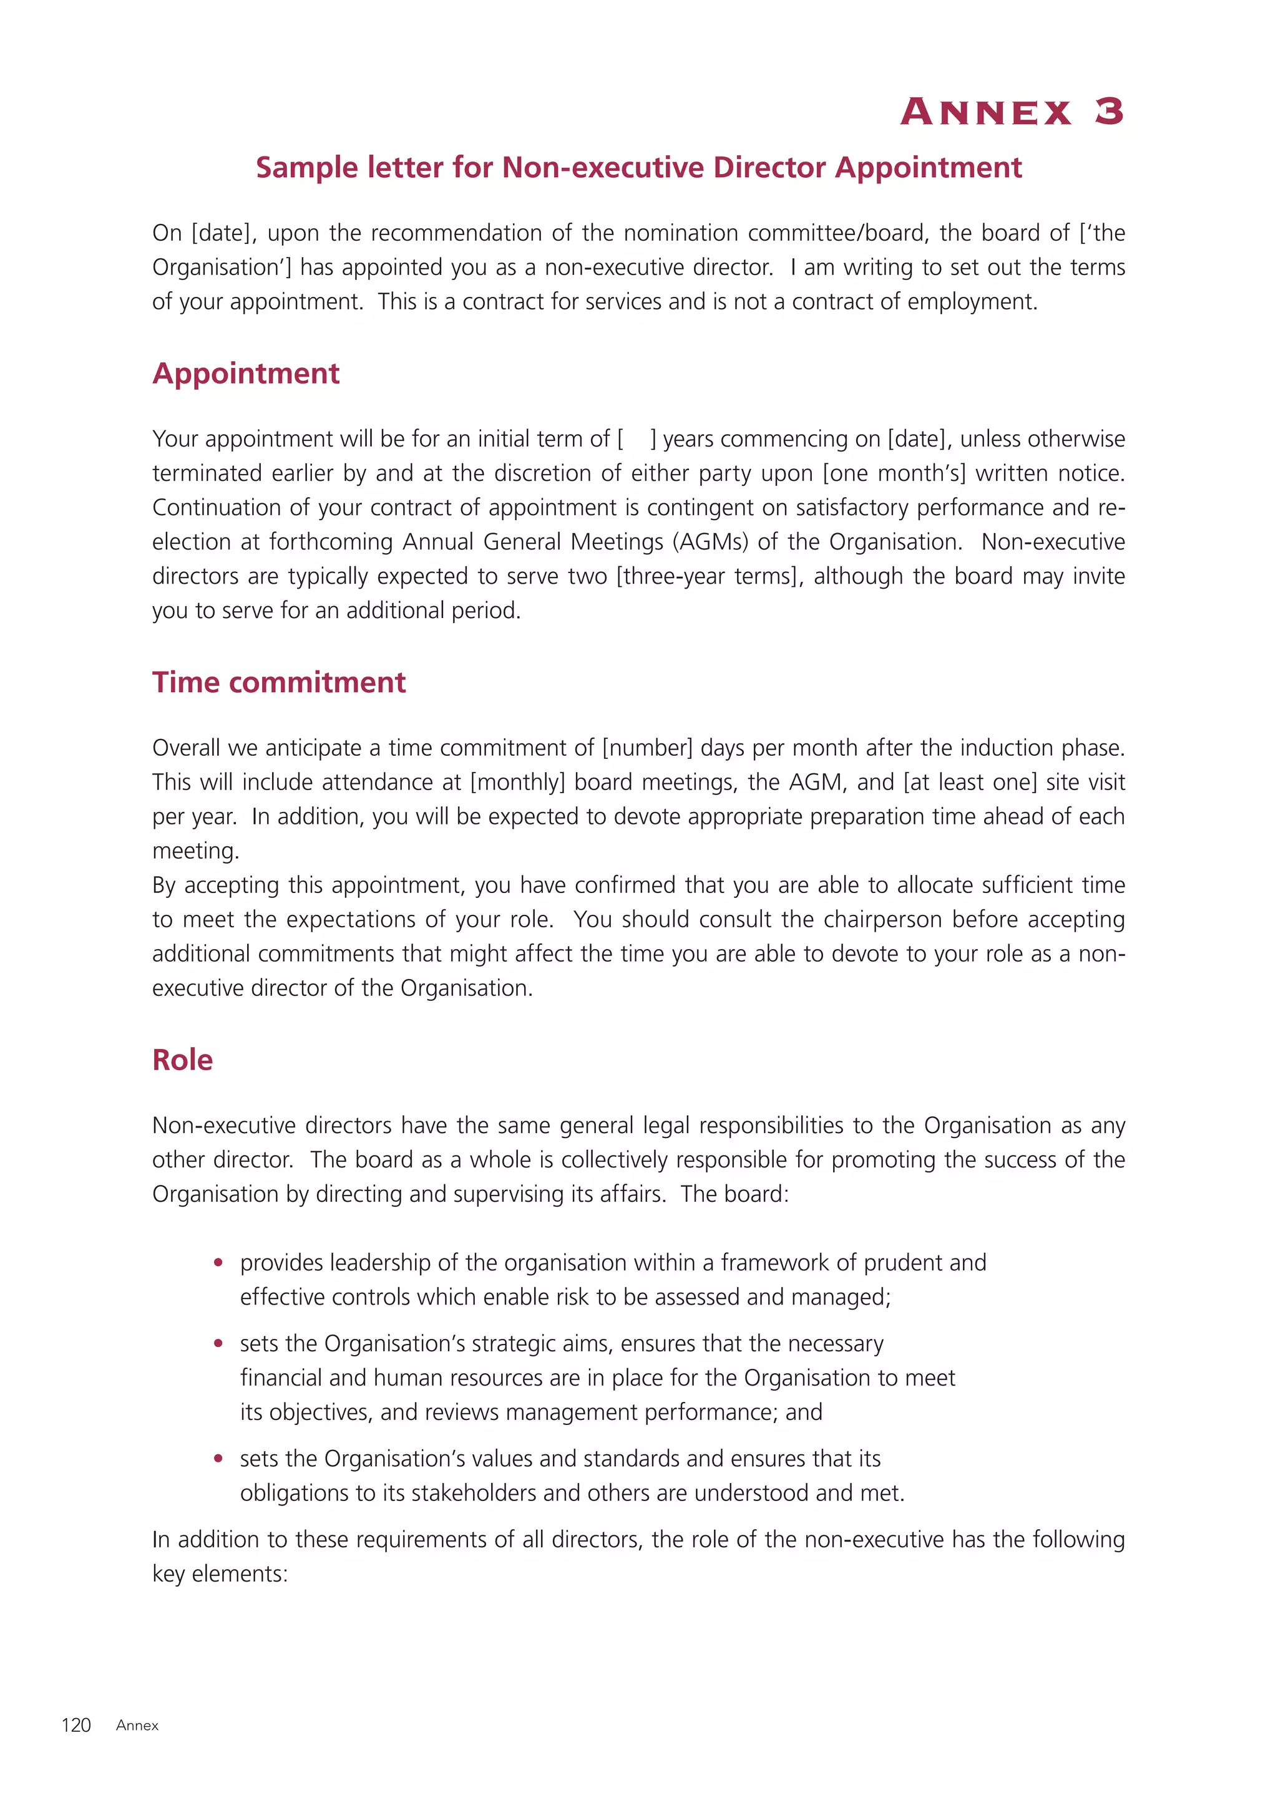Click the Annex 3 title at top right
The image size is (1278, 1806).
click(x=1012, y=112)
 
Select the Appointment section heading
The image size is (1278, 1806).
click(x=245, y=373)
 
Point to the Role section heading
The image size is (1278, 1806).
click(x=183, y=1060)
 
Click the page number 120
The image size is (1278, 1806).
click(x=76, y=1725)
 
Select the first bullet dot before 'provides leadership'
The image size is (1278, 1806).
click(x=219, y=1263)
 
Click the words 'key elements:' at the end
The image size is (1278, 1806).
click(x=220, y=1574)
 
